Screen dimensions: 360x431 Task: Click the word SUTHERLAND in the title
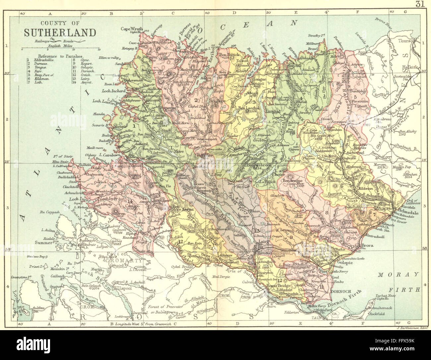coord(60,33)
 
